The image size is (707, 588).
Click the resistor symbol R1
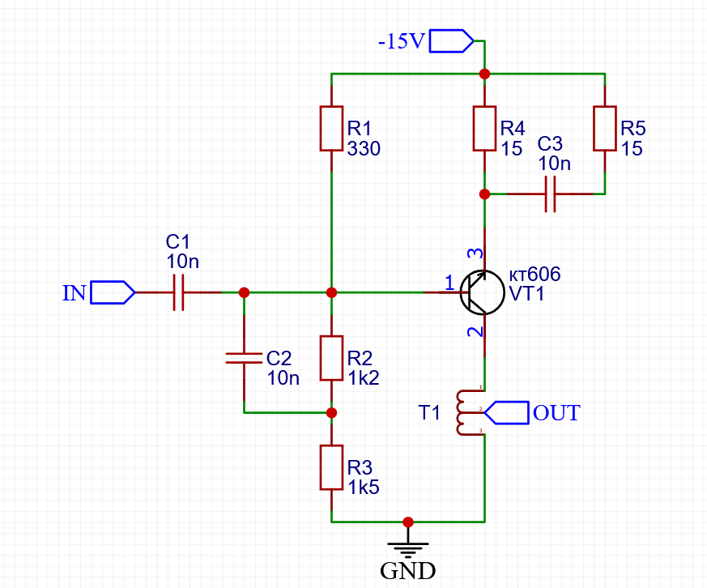click(x=331, y=128)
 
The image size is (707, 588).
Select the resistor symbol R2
click(x=331, y=358)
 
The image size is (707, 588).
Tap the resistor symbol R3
click(x=331, y=467)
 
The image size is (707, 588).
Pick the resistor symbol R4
click(x=484, y=128)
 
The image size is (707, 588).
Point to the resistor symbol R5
click(x=605, y=128)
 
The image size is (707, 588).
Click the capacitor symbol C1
click(x=179, y=292)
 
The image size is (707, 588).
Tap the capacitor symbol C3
click(x=550, y=194)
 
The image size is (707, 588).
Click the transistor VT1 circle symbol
click(x=481, y=292)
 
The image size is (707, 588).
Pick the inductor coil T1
click(x=462, y=413)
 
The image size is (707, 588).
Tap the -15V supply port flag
click(x=451, y=40)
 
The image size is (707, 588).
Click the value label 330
click(x=364, y=149)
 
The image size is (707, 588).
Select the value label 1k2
click(x=364, y=378)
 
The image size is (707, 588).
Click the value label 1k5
click(x=364, y=488)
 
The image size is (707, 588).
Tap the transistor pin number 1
click(x=449, y=282)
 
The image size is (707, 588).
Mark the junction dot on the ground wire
click(x=408, y=522)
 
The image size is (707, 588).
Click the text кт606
click(x=535, y=275)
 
